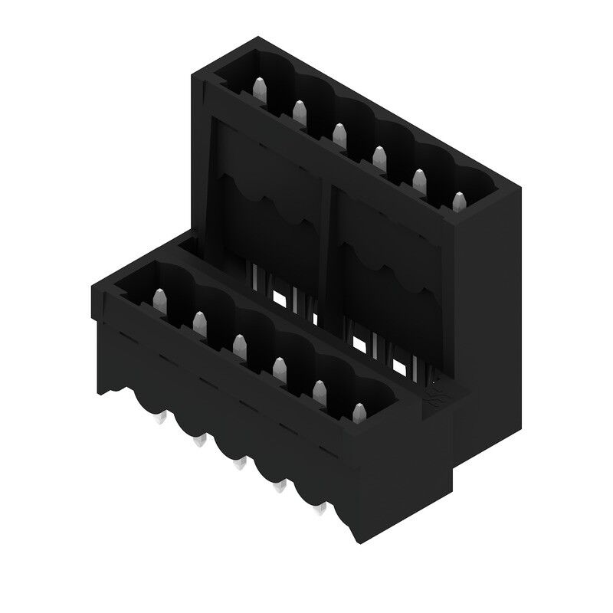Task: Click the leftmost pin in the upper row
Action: click(257, 90)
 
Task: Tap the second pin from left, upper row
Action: click(298, 112)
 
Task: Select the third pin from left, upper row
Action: click(338, 134)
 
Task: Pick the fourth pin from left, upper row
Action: click(379, 156)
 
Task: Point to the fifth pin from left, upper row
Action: click(418, 179)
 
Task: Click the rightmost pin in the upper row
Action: click(458, 202)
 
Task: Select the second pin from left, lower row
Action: click(199, 323)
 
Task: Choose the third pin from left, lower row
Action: click(239, 346)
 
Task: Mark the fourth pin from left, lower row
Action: click(279, 369)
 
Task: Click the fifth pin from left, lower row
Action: click(319, 392)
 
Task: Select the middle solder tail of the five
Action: click(240, 464)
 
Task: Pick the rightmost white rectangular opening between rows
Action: click(398, 367)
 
